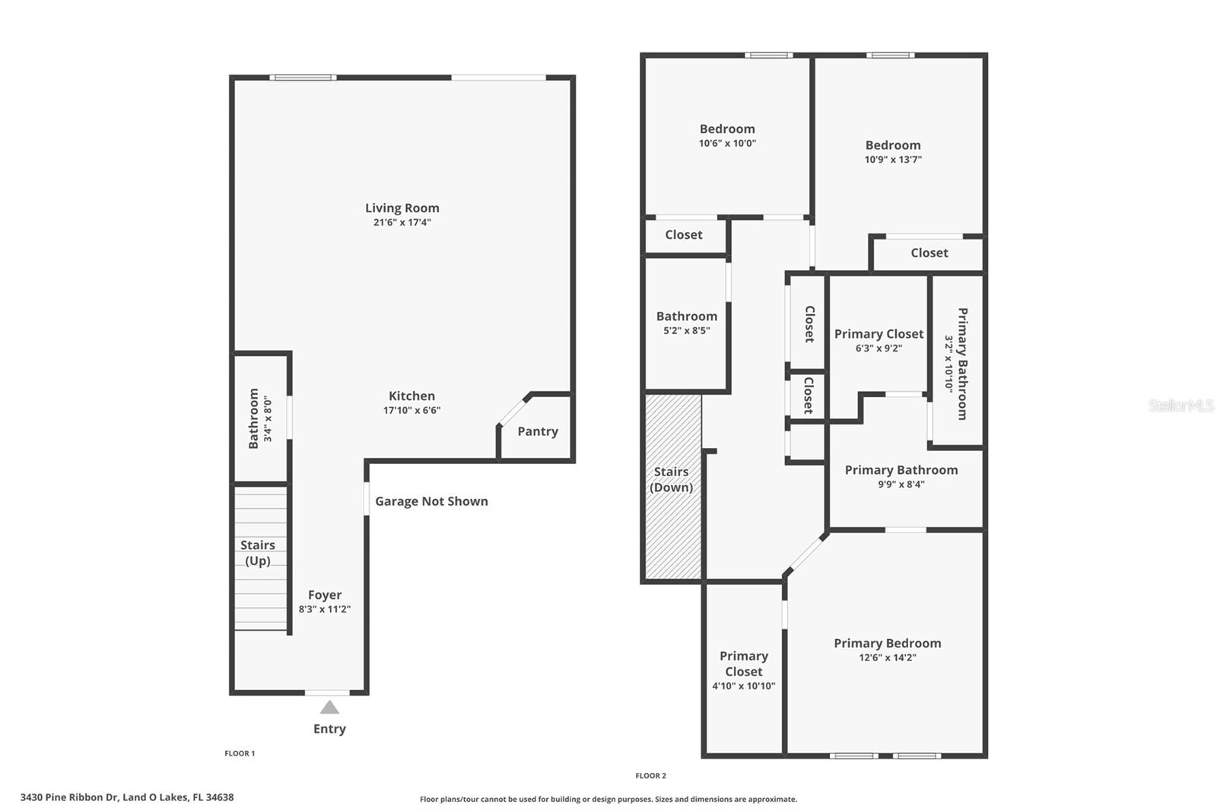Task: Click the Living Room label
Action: (402, 208)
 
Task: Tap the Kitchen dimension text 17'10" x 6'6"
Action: (411, 410)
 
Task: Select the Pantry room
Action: (538, 431)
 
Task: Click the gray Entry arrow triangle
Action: (329, 708)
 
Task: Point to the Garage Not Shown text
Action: (431, 501)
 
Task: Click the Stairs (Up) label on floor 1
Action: (257, 553)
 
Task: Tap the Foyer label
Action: (325, 595)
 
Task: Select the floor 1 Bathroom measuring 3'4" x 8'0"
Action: (259, 418)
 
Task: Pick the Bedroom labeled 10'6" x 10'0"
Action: (727, 135)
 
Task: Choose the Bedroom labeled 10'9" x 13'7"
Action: (893, 151)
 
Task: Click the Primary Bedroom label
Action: (887, 644)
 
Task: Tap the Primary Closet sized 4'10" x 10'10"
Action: (743, 670)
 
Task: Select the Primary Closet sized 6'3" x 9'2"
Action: (879, 340)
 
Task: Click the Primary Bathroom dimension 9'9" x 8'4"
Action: (901, 484)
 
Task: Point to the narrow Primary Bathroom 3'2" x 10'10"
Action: (957, 364)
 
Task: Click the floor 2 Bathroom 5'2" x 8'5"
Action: (686, 323)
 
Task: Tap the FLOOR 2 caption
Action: (650, 776)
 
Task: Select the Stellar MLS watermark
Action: (1180, 405)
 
